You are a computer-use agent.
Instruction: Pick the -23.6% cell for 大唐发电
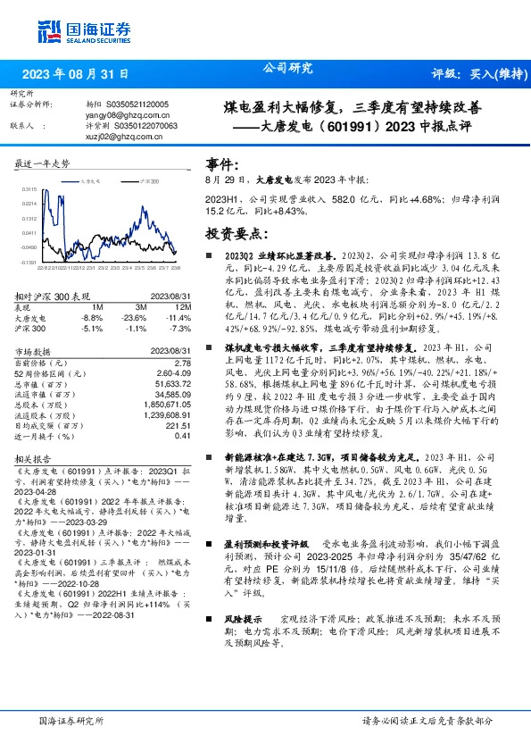[134, 317]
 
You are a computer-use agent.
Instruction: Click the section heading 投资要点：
[236, 233]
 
